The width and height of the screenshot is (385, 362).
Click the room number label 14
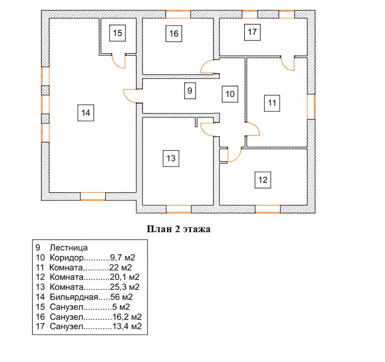[86, 113]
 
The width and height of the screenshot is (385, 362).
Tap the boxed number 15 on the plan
[117, 33]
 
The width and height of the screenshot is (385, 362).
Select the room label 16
[174, 34]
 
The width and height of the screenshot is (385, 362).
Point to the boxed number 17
[252, 32]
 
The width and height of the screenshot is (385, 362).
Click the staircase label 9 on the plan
[190, 91]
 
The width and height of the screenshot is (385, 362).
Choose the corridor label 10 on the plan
[230, 94]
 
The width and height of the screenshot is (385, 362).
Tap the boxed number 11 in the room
[272, 103]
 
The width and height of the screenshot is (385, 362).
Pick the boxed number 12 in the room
[263, 180]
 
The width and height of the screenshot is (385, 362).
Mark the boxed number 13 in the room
[171, 158]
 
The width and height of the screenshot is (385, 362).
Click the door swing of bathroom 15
[119, 61]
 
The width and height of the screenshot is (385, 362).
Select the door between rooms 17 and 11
[288, 64]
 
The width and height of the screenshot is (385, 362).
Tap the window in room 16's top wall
[178, 14]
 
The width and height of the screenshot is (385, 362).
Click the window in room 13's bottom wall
[179, 209]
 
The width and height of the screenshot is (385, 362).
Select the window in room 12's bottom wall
[268, 209]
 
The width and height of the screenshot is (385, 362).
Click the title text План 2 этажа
[178, 229]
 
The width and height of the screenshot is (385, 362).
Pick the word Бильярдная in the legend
[74, 297]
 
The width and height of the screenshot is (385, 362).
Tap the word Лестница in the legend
[69, 248]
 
